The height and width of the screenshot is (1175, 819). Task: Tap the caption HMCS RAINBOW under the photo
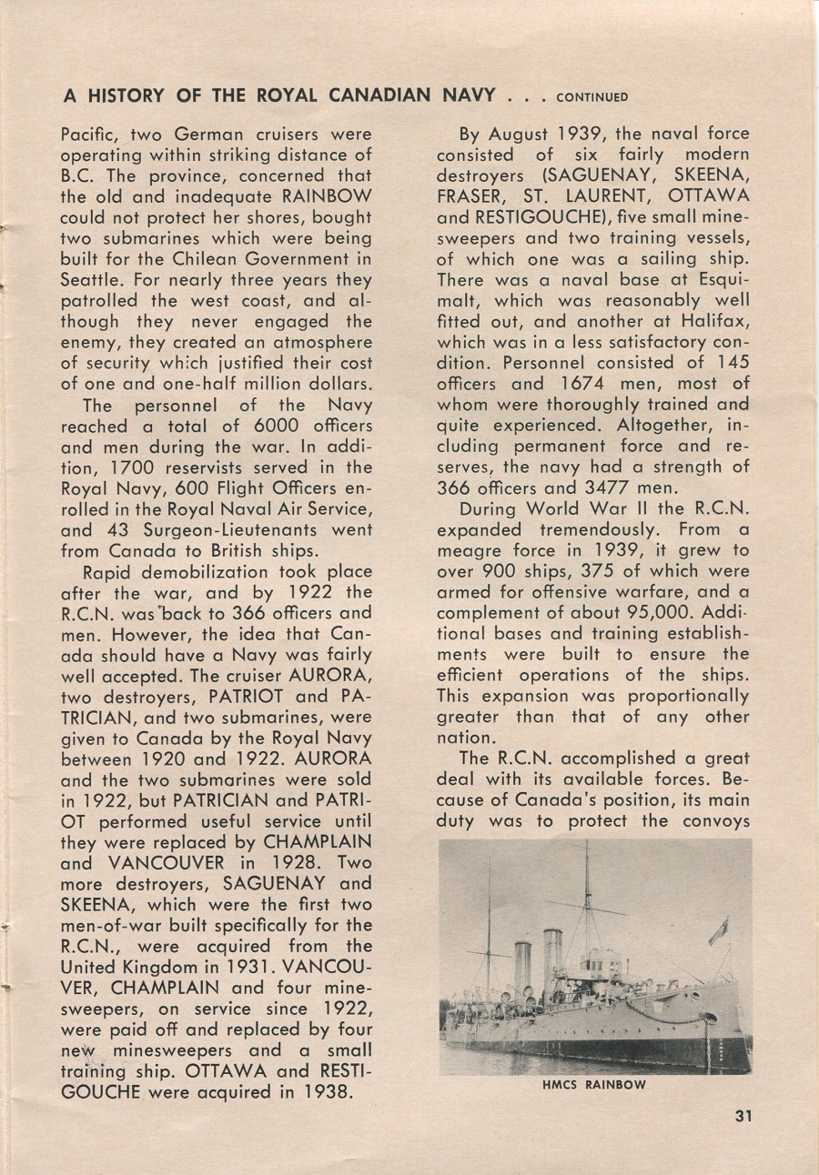(594, 1085)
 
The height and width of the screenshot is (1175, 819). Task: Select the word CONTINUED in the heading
(591, 96)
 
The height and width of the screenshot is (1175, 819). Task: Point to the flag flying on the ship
(719, 929)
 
